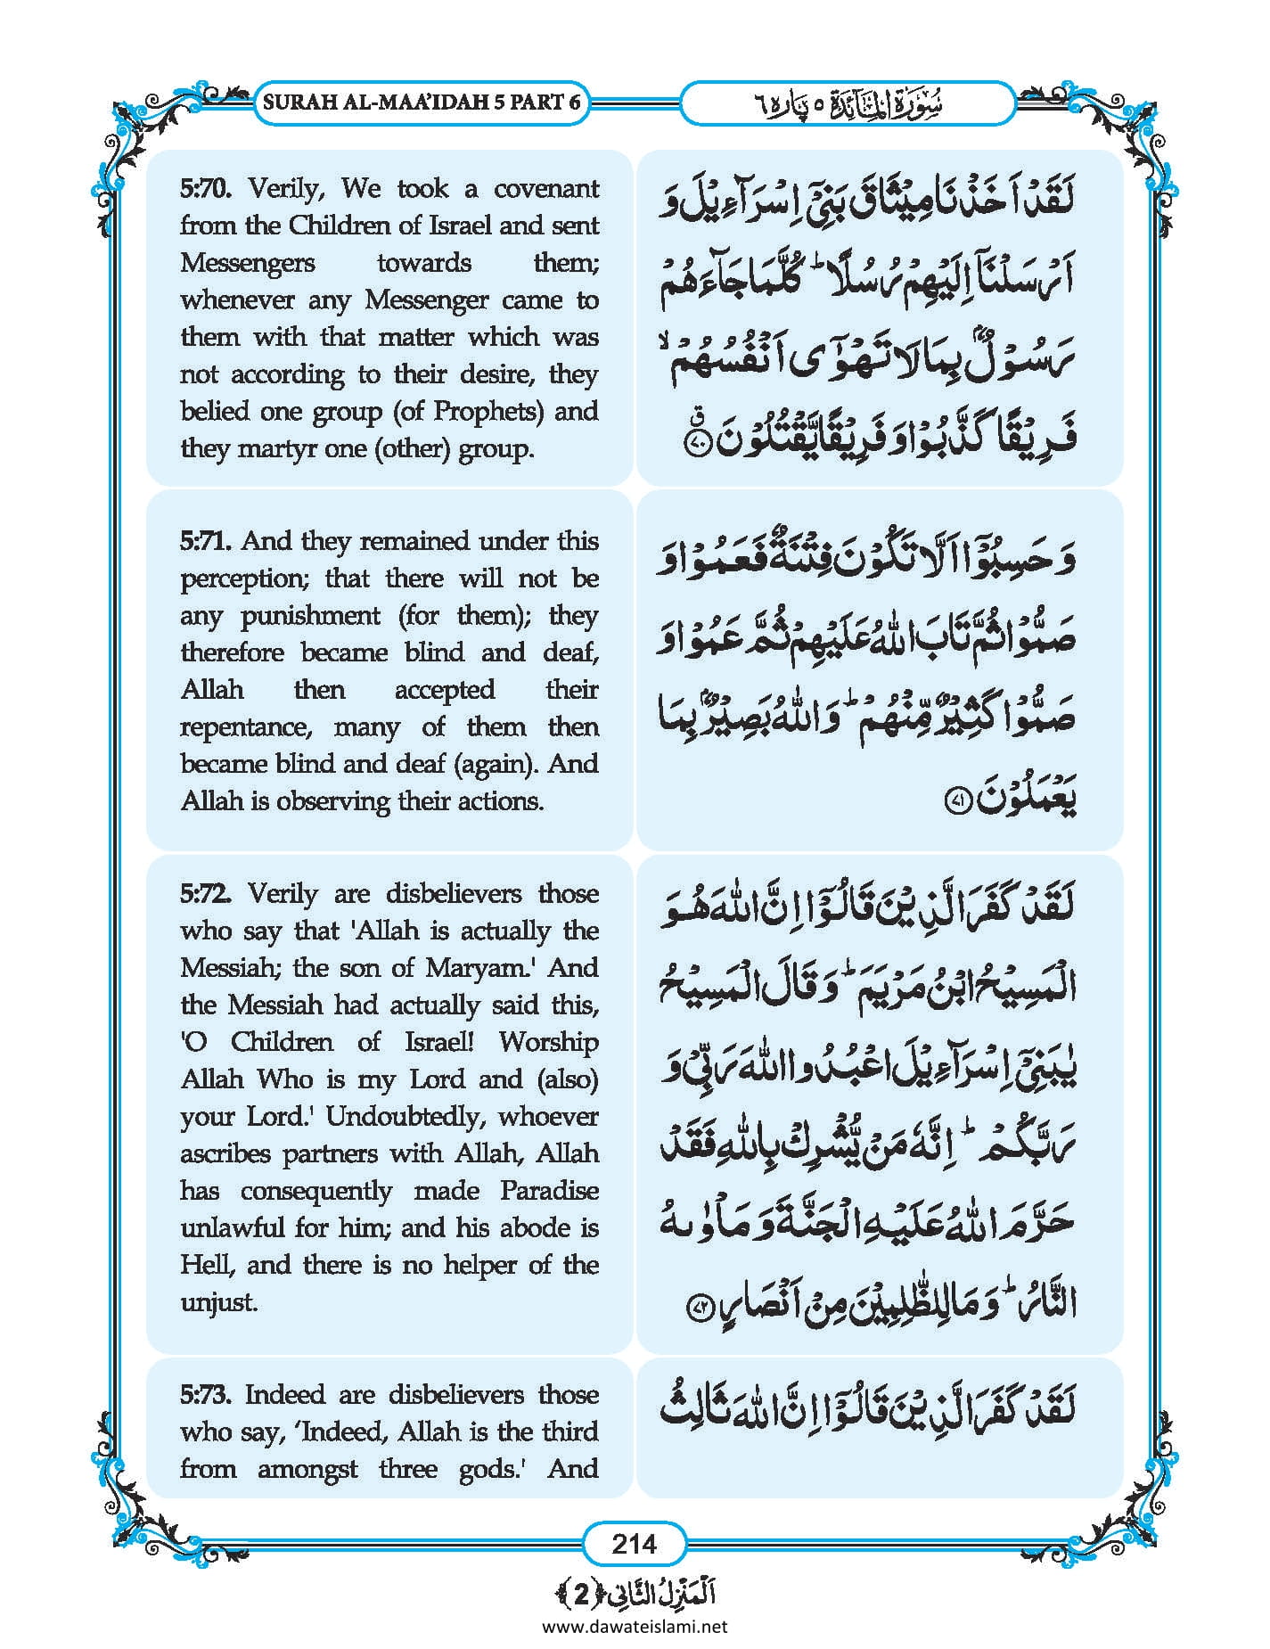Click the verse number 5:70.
(206, 189)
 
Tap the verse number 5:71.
(206, 541)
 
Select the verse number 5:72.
(206, 893)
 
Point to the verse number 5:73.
(206, 1394)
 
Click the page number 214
(635, 1543)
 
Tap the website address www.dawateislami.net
(635, 1627)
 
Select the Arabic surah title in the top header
(848, 103)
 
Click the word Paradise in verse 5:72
(549, 1191)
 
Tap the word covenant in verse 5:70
(546, 189)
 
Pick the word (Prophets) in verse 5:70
(488, 412)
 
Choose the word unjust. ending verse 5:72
(219, 1303)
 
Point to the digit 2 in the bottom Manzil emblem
(580, 1595)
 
